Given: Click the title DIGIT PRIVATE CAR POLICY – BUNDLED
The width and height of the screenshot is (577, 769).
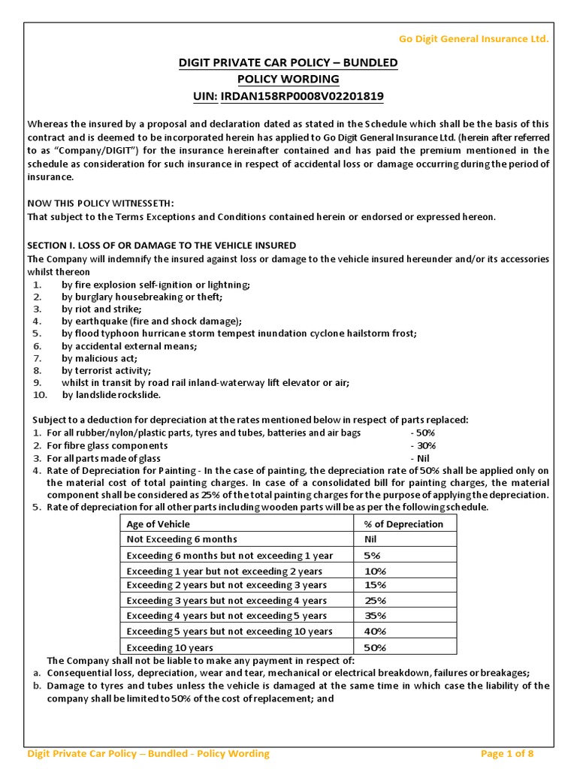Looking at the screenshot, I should tap(288, 62).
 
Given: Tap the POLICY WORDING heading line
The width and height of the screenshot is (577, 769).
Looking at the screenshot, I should tap(288, 79).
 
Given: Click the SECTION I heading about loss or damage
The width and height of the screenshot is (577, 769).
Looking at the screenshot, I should tap(162, 246).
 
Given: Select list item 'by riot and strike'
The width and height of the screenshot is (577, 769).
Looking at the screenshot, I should tap(101, 309).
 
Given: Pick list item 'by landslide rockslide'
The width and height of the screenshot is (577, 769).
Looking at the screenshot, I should tap(111, 394).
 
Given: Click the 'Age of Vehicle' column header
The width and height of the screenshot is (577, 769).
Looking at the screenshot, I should tap(159, 524).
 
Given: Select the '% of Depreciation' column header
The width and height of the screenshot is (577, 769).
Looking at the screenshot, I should tap(403, 524).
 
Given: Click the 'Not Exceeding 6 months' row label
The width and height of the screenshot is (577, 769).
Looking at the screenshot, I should tap(182, 539).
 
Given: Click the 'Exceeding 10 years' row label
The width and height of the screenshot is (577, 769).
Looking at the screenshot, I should tap(170, 647).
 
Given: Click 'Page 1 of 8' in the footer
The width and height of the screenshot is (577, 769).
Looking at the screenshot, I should tap(507, 753).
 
